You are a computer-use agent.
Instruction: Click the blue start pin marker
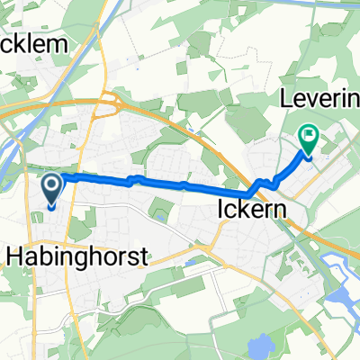click(x=51, y=190)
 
